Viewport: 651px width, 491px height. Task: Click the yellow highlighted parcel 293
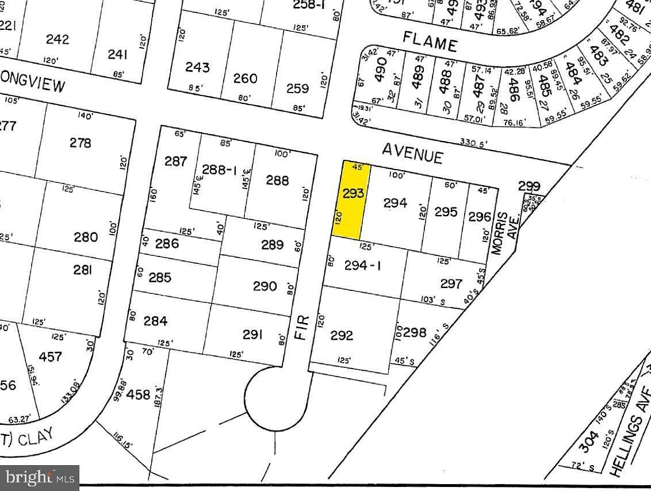351,200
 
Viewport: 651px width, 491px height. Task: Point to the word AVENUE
413,153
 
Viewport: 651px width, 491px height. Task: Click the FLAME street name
430,41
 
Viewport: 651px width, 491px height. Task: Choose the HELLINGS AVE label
631,437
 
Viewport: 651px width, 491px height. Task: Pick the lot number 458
137,395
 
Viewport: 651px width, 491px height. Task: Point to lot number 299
529,186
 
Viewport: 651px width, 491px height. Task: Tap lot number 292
341,335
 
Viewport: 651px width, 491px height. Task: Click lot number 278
80,143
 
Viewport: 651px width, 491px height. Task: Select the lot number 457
50,356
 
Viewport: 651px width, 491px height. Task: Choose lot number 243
197,67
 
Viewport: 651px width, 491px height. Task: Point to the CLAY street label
35,439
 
